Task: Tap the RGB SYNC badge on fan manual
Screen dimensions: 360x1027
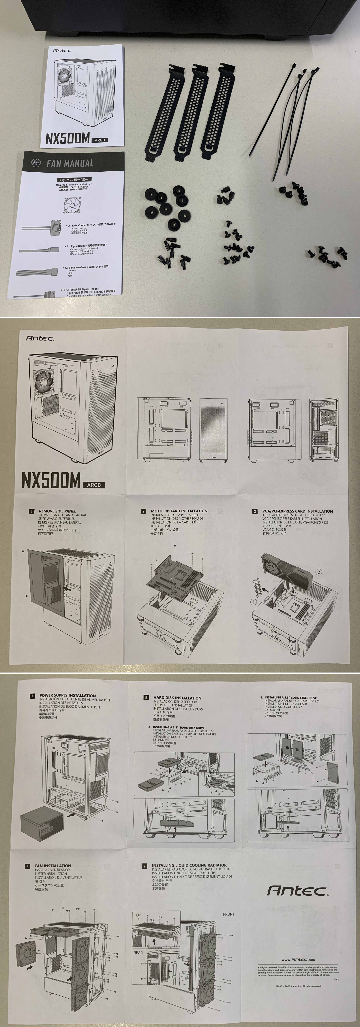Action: click(36, 163)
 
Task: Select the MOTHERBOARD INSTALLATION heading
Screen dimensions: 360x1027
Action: click(179, 511)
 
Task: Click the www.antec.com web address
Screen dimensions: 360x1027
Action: click(298, 960)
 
